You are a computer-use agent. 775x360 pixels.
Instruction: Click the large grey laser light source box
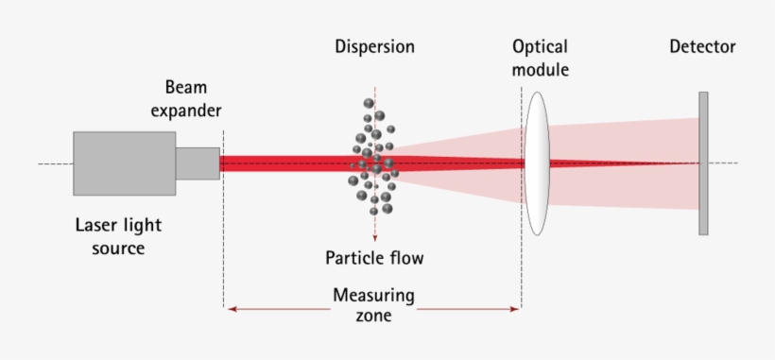point(124,163)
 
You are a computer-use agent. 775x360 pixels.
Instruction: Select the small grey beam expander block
point(198,163)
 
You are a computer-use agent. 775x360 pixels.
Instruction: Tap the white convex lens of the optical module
point(536,163)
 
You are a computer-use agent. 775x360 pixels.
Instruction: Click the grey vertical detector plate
point(703,163)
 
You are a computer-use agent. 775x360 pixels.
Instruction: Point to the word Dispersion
point(374,46)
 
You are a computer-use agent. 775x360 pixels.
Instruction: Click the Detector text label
point(702,46)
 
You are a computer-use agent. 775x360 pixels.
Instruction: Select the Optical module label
point(541,58)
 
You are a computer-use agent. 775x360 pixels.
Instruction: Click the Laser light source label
point(118,236)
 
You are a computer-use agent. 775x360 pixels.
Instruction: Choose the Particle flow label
point(374,258)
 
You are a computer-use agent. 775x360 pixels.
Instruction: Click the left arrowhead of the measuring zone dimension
point(230,308)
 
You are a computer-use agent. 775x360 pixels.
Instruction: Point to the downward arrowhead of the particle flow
point(375,237)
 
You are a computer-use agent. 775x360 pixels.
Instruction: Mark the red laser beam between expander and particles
point(284,163)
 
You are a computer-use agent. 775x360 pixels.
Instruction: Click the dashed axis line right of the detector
point(723,163)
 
